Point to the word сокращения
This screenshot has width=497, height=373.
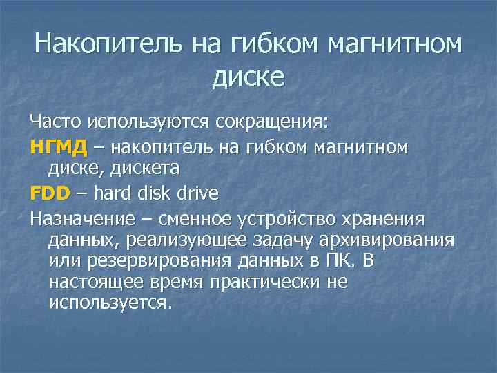(x=273, y=122)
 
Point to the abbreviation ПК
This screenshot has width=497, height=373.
(x=334, y=262)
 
